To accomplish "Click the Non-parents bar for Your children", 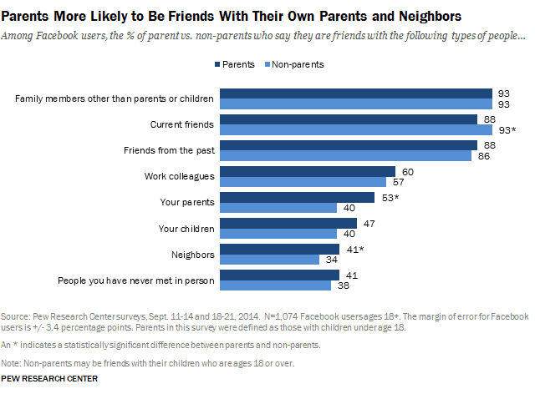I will [276, 233].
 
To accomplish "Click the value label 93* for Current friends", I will [508, 130].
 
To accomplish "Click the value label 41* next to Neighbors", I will [354, 249].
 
